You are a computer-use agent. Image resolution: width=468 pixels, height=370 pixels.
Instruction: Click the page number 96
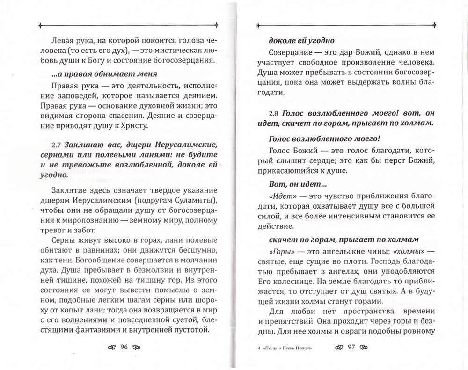point(124,347)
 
